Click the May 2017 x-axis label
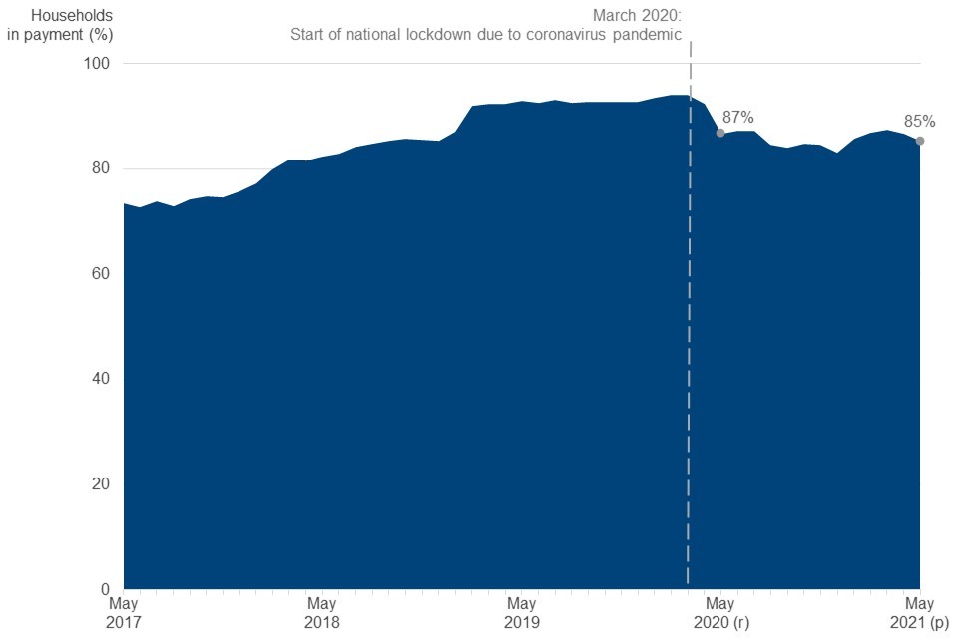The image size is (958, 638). coord(123,612)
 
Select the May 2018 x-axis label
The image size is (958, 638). coord(321,612)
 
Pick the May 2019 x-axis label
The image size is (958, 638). coord(521,612)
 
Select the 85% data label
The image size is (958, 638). coord(919,122)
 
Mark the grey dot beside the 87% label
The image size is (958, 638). coord(719,133)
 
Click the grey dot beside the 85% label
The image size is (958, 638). coord(919,141)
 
